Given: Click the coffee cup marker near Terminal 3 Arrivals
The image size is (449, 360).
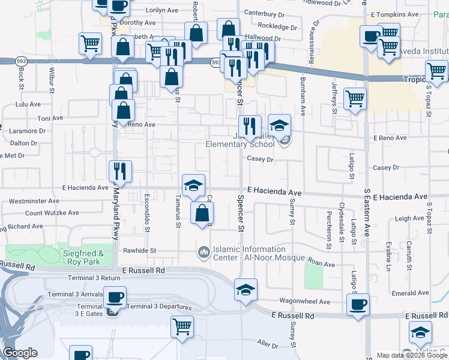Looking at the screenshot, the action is (x=115, y=297).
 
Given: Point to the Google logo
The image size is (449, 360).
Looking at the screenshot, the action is (x=20, y=352).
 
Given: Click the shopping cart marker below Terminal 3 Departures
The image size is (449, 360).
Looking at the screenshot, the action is (x=182, y=328).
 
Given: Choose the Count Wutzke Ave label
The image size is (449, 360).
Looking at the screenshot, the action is (x=52, y=212).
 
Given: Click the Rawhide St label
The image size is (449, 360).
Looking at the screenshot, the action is (x=140, y=251).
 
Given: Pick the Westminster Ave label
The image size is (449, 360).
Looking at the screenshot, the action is (x=34, y=200).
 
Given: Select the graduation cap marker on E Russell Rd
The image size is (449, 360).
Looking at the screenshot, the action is (x=245, y=290).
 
